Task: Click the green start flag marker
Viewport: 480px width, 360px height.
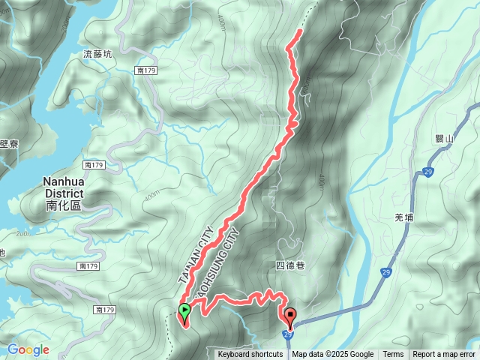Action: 184,310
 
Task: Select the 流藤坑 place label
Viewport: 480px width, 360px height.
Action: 98,54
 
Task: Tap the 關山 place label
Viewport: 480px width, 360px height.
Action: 445,139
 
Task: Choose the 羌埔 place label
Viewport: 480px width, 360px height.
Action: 403,217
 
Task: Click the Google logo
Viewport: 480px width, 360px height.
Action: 28,349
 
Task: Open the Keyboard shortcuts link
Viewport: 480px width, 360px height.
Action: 250,355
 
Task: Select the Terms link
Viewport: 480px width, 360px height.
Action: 393,355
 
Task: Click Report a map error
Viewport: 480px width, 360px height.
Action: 444,355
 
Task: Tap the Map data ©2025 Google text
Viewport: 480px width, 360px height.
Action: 333,355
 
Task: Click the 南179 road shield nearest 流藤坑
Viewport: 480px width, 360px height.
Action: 145,70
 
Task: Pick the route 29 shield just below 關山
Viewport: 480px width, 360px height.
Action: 427,172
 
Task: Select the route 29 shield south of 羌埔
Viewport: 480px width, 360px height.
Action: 385,271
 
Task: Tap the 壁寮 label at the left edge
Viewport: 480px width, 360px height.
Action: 8,144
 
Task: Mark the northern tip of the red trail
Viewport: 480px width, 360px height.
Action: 300,31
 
